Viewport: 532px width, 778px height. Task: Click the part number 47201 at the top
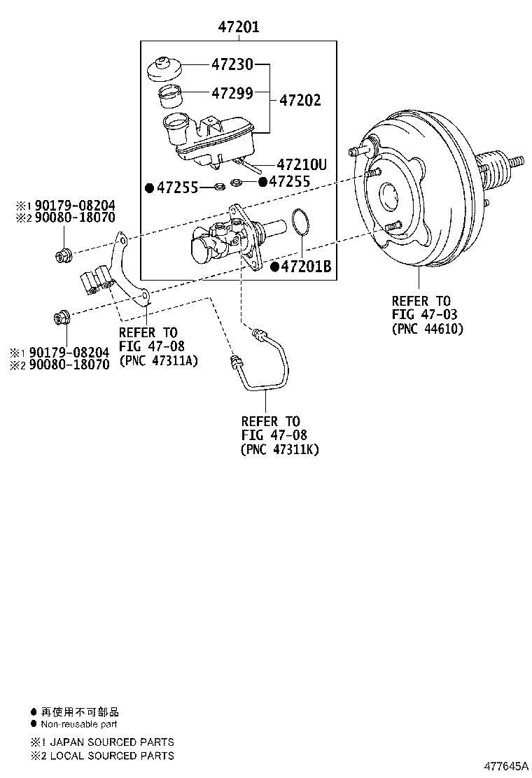pos(239,27)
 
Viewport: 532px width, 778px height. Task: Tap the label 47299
pos(232,92)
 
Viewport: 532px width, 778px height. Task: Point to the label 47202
pos(300,101)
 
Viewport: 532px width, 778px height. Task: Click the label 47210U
pos(302,165)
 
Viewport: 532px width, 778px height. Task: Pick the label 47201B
pos(305,267)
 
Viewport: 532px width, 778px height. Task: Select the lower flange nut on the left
pos(62,319)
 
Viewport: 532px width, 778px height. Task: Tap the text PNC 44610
pos(428,328)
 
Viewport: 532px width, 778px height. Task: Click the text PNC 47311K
pos(279,449)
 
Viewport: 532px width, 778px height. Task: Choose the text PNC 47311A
pos(158,360)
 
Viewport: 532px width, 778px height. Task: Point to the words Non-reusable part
pos(79,725)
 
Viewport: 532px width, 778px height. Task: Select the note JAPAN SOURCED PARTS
pos(111,742)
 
